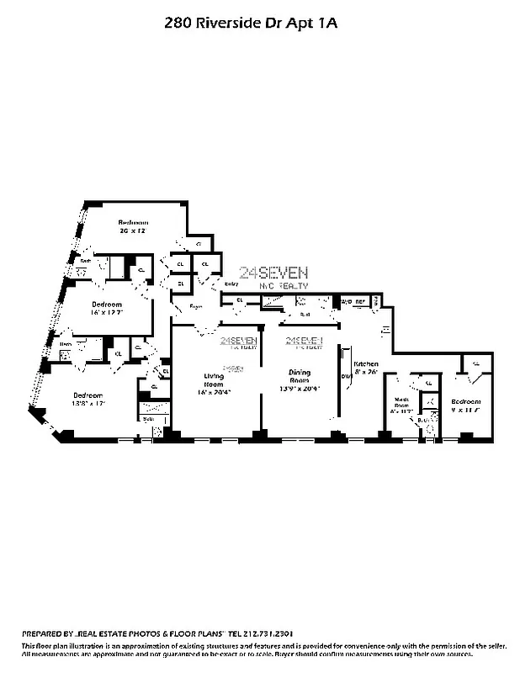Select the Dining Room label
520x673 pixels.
(300, 376)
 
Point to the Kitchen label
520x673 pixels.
(366, 363)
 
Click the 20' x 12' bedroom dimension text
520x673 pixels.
(133, 230)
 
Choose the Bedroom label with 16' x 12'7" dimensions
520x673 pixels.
(107, 304)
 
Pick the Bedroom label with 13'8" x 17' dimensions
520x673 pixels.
(88, 395)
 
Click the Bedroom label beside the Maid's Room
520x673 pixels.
(464, 401)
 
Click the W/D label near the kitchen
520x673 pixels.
(345, 301)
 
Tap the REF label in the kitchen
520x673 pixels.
(361, 301)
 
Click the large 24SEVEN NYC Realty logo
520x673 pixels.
(273, 277)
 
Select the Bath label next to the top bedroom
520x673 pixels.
(85, 261)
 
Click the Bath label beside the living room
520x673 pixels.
(148, 418)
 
